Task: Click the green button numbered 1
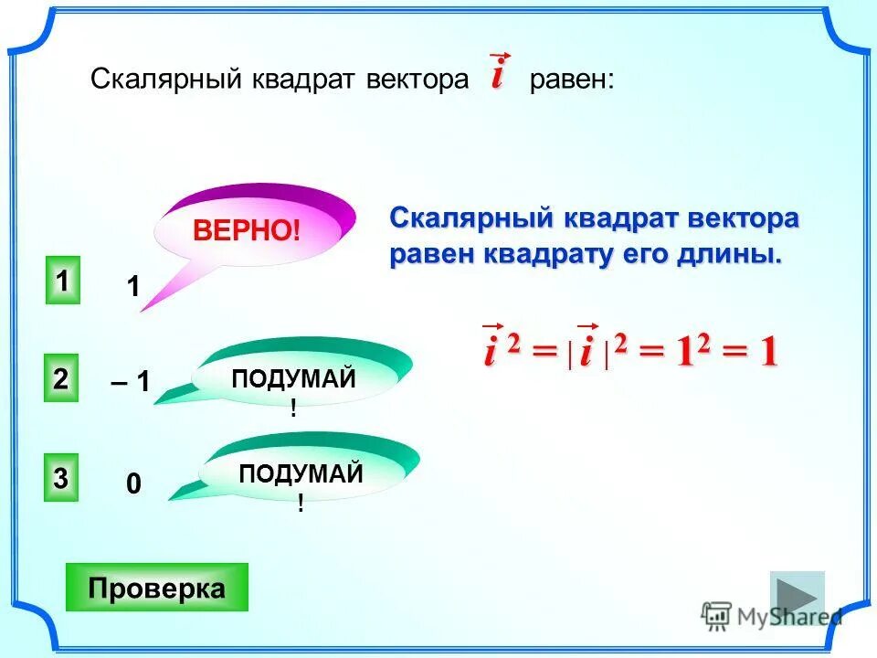[62, 281]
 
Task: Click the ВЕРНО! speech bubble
[247, 228]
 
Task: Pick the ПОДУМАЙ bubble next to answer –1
[294, 380]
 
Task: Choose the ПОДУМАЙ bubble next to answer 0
[301, 475]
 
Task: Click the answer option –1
[131, 382]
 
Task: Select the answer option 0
[133, 484]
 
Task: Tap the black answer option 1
[132, 287]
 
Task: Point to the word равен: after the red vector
[572, 80]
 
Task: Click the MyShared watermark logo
[771, 616]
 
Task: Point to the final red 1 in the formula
[767, 352]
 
